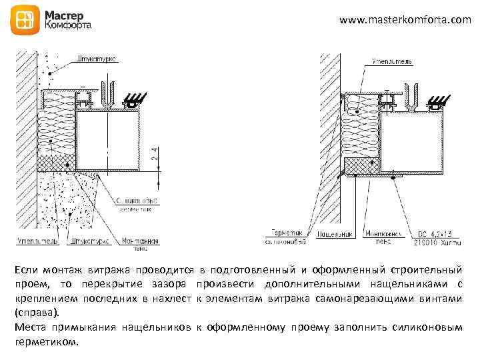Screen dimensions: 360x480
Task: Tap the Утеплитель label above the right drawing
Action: pyautogui.click(x=387, y=62)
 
